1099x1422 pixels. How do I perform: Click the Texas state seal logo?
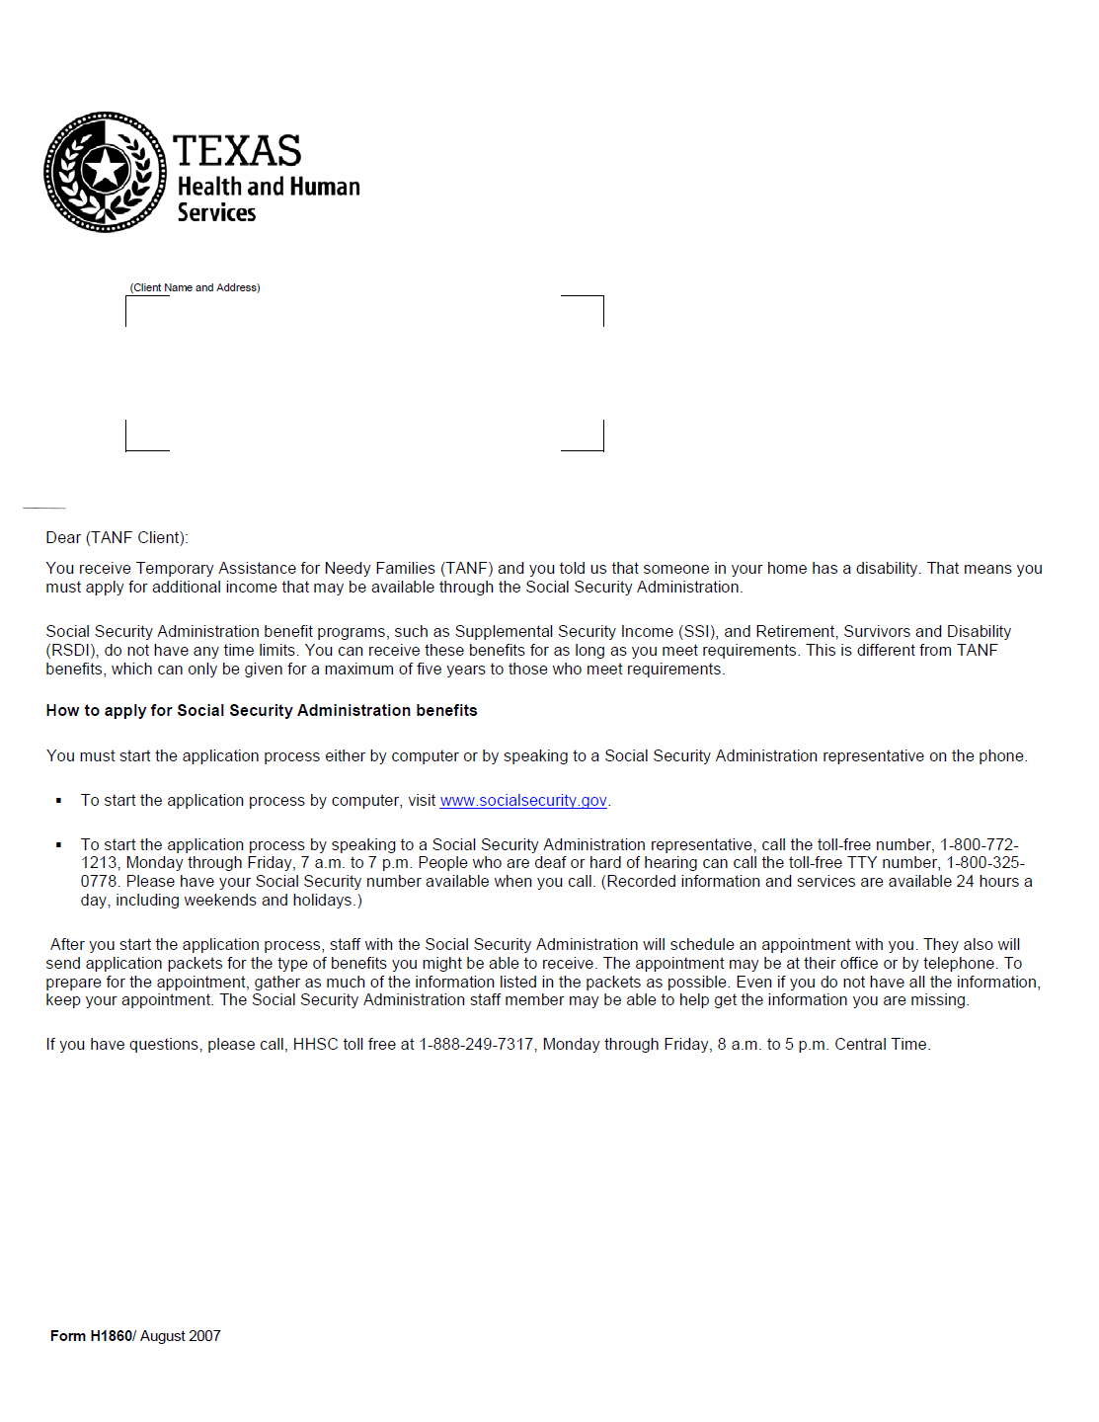point(105,172)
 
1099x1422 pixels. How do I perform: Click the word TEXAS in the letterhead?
point(237,151)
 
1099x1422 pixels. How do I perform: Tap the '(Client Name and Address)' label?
point(195,287)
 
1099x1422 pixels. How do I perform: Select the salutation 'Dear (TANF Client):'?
point(117,537)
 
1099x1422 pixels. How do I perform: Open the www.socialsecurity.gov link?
point(523,800)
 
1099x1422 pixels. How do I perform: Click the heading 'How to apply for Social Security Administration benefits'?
point(262,710)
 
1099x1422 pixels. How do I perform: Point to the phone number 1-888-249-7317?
point(476,1044)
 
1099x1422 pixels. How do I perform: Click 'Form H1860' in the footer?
point(91,1336)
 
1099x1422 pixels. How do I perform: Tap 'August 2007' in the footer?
point(181,1336)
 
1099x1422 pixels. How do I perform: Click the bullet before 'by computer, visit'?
point(59,801)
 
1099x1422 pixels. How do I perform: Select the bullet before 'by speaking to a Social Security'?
point(59,845)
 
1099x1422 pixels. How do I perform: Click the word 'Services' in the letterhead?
point(216,213)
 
